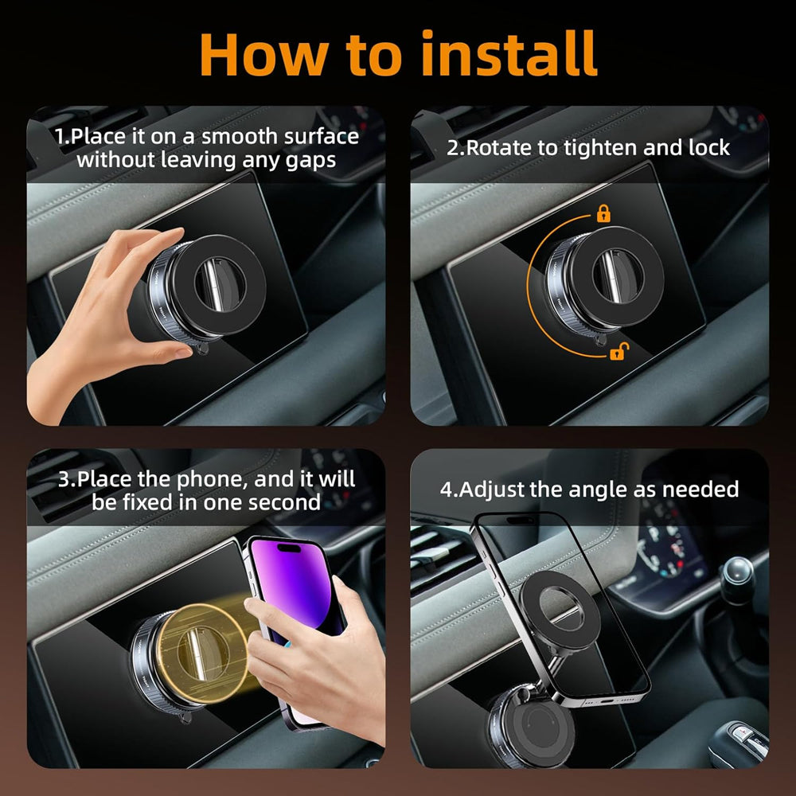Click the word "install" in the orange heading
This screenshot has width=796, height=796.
pyautogui.click(x=509, y=54)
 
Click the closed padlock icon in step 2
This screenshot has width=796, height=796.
pyautogui.click(x=603, y=213)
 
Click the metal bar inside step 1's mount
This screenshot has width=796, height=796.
pyautogui.click(x=213, y=284)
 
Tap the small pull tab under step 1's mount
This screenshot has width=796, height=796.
pyautogui.click(x=202, y=349)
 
